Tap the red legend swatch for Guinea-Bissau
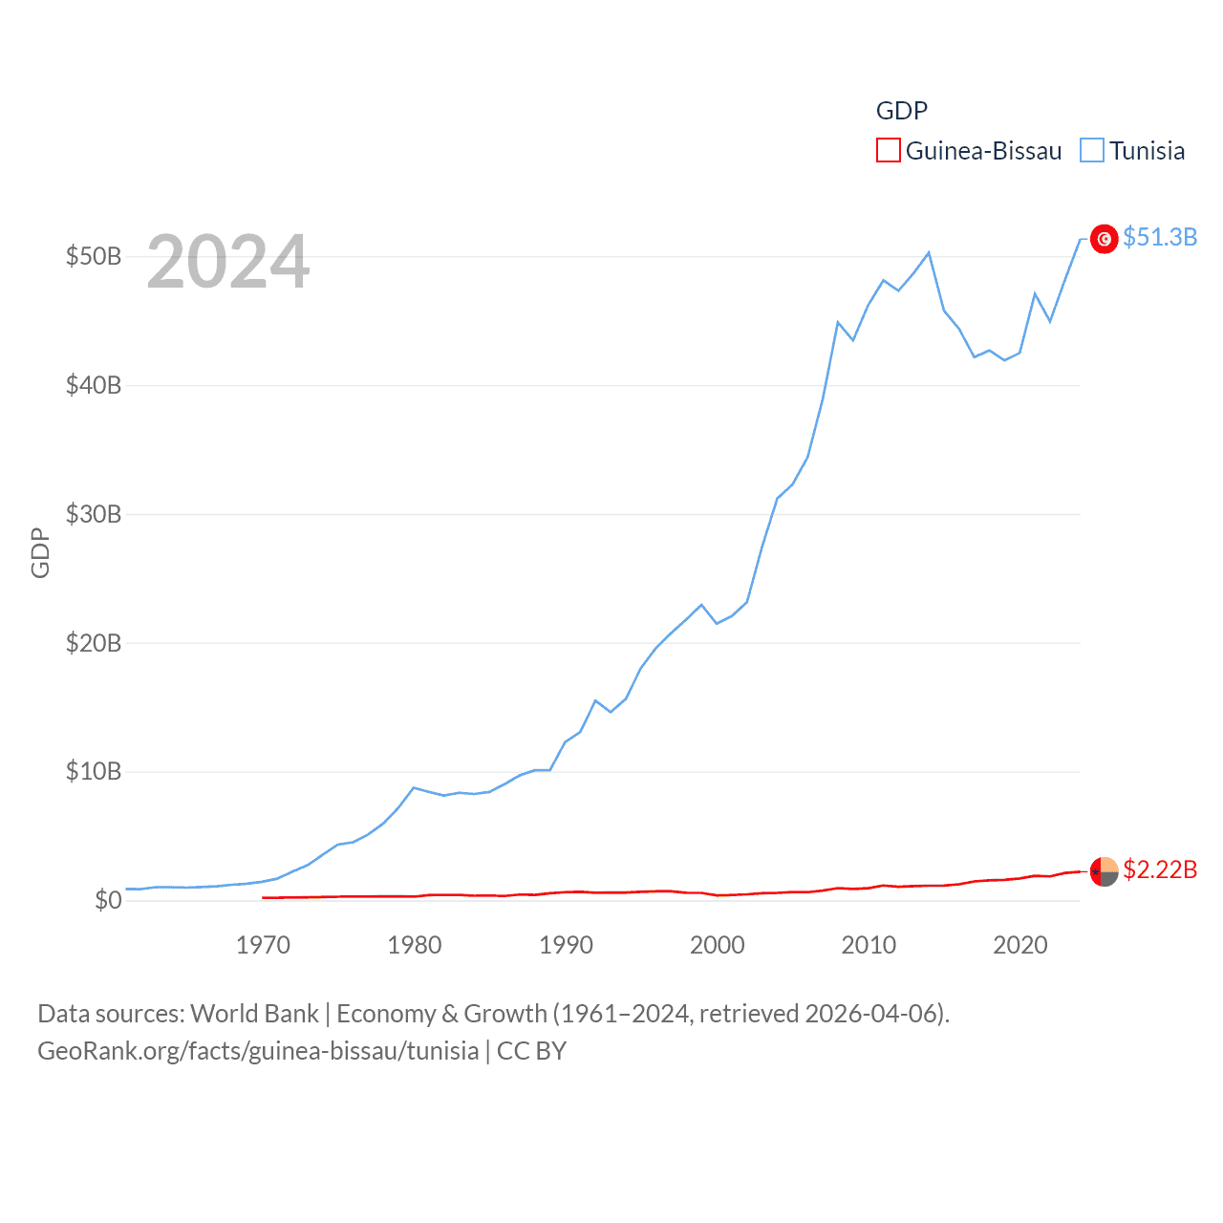coord(888,151)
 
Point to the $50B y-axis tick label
coord(94,256)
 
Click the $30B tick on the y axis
coord(94,514)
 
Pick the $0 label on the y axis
coord(108,900)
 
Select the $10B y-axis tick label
coord(94,771)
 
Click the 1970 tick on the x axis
coord(263,945)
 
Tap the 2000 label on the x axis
coord(717,945)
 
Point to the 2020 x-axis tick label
coord(1019,945)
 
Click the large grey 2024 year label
coord(227,262)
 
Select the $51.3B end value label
coord(1160,237)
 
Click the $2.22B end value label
coord(1160,869)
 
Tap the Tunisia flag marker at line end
coord(1104,239)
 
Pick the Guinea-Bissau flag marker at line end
coord(1104,871)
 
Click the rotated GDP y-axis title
coord(40,552)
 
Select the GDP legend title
coord(901,111)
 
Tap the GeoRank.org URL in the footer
coord(258,1051)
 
